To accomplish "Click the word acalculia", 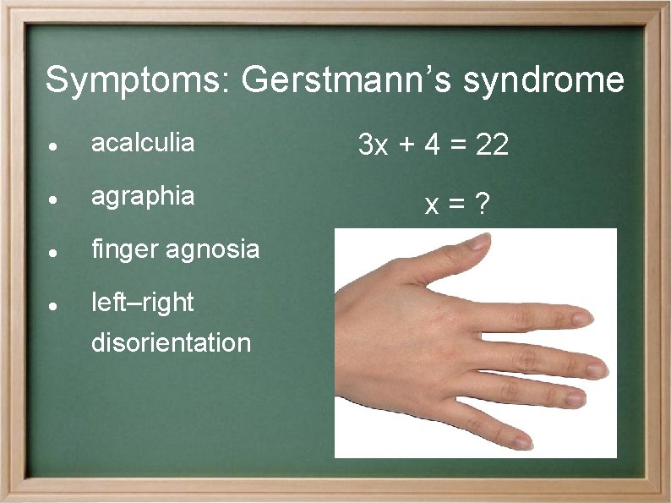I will tap(142, 143).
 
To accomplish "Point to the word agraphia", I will tap(142, 197).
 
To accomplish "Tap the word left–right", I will tap(142, 302).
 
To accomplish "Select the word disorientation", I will tap(171, 343).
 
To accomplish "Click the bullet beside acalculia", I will tap(53, 145).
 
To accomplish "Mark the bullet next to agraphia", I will tap(53, 199).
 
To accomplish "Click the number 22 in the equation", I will tap(492, 146).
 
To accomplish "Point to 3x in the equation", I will tap(373, 146).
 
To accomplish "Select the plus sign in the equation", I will tap(407, 146).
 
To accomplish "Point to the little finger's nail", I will tap(521, 441).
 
